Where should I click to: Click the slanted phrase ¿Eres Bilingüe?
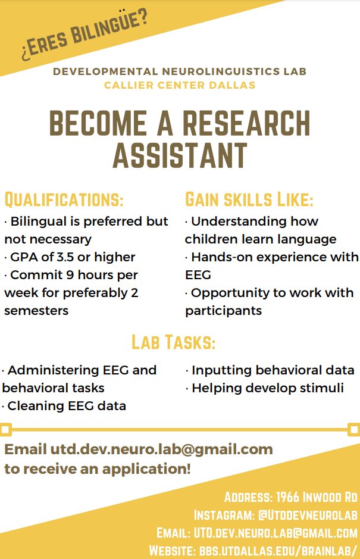click(x=84, y=36)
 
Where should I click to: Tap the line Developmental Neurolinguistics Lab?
click(x=180, y=71)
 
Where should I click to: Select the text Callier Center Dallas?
click(x=180, y=85)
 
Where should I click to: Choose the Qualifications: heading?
click(x=64, y=198)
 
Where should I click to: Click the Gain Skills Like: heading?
click(x=249, y=198)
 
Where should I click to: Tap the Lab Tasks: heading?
click(x=173, y=342)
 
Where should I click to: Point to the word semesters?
click(x=36, y=311)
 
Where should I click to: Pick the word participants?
click(x=223, y=311)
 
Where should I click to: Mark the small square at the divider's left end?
click(x=6, y=429)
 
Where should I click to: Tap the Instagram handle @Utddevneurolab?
click(x=306, y=514)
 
